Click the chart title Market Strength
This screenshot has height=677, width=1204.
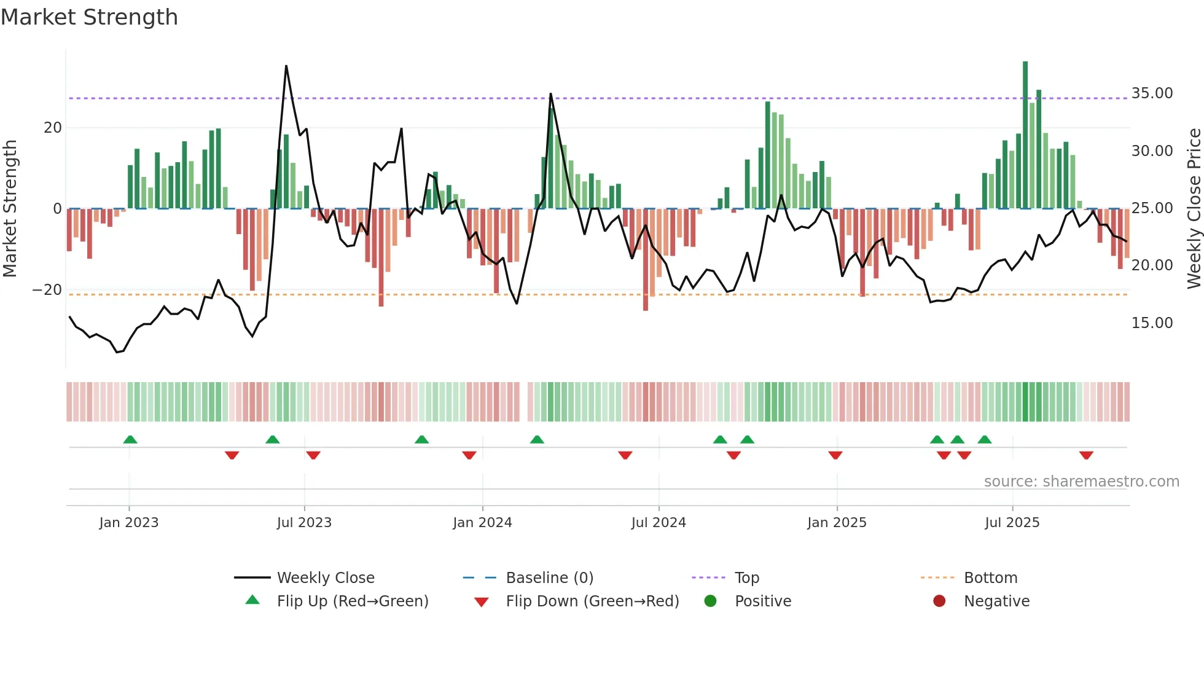90,17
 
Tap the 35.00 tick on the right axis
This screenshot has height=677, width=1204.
1152,93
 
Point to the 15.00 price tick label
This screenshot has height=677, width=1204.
1152,323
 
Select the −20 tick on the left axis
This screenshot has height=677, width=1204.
47,290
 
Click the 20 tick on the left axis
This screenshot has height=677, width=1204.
53,128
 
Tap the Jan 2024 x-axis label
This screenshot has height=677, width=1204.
482,523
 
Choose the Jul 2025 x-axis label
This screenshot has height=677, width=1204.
1012,523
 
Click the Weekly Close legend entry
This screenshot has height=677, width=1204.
325,578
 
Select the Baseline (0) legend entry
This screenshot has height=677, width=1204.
549,578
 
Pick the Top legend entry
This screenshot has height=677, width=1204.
747,578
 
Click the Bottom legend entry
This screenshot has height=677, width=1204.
990,578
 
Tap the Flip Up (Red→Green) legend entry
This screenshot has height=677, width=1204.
352,601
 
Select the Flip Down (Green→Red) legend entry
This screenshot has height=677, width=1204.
592,601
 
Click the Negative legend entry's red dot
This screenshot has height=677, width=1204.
939,601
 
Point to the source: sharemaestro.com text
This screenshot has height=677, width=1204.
1081,482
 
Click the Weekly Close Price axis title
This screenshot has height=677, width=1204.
1194,209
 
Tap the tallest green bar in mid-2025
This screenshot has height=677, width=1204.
1025,135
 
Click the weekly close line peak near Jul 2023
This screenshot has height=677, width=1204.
286,66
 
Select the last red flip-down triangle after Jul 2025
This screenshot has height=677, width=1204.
1086,455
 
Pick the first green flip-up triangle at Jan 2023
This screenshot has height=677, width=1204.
130,439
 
